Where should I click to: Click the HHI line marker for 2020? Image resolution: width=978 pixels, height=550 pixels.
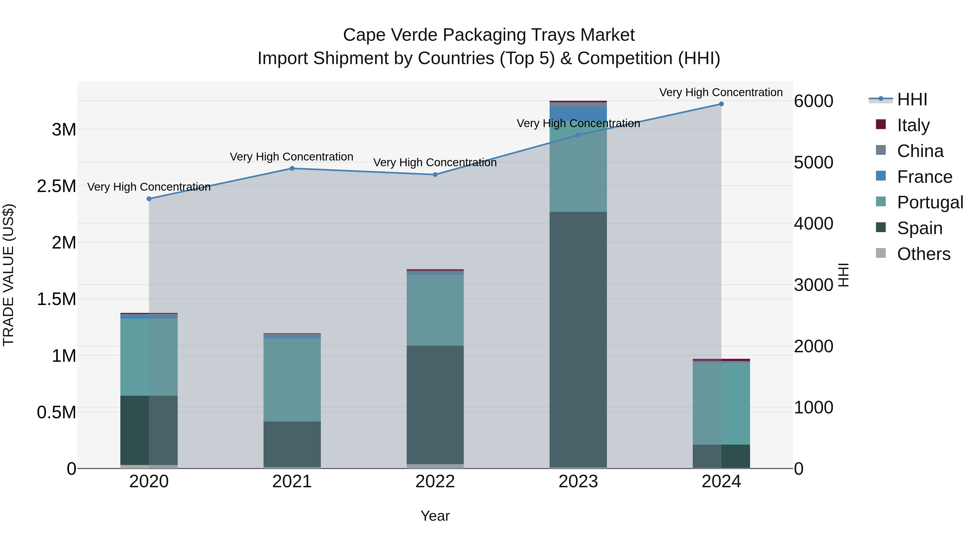[x=149, y=199]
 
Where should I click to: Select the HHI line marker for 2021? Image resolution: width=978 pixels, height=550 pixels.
[x=292, y=168]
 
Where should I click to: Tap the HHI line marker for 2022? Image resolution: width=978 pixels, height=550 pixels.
[x=435, y=175]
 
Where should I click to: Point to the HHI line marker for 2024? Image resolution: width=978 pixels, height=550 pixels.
[x=721, y=104]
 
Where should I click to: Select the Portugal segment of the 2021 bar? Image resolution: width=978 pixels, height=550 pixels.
[x=292, y=380]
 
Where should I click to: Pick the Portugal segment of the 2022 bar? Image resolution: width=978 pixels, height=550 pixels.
[x=435, y=309]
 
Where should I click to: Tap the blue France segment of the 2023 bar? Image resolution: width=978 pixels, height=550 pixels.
[x=578, y=114]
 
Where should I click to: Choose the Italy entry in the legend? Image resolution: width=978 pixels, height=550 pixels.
[x=913, y=125]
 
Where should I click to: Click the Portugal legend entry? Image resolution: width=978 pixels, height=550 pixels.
[x=930, y=202]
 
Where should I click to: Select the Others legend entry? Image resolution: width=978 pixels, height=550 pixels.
[x=923, y=254]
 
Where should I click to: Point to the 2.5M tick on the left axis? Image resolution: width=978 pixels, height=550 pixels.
[x=57, y=186]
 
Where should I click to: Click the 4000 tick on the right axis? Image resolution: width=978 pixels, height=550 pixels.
[x=813, y=224]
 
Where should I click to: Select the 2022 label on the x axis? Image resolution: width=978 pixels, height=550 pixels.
[x=435, y=481]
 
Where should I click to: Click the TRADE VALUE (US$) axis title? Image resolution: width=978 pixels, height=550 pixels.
[x=8, y=275]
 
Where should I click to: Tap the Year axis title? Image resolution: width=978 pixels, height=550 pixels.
[x=435, y=516]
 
